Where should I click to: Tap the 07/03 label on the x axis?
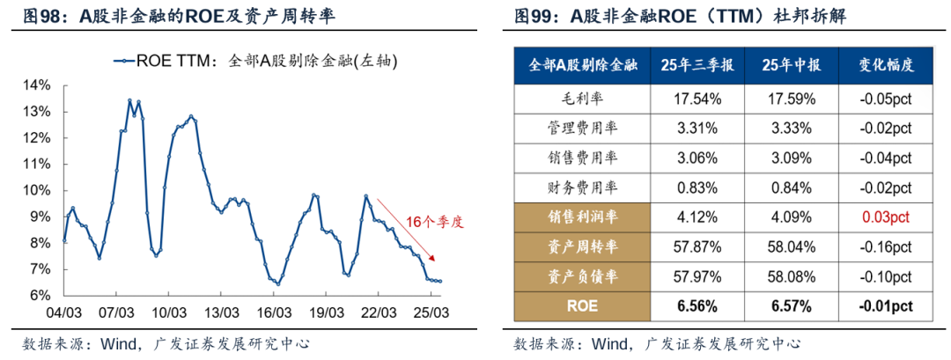coord(116,313)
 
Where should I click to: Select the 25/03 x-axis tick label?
coord(431,313)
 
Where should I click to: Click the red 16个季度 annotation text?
coord(433,222)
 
